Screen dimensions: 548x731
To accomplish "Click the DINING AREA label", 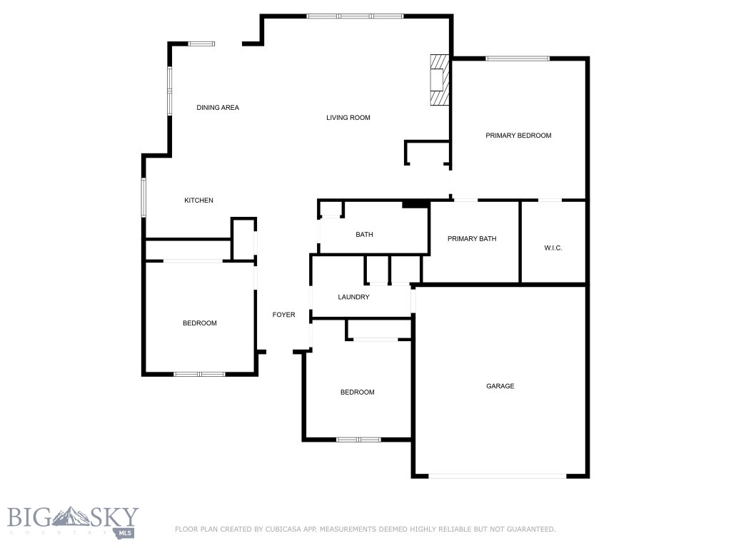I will pyautogui.click(x=218, y=108).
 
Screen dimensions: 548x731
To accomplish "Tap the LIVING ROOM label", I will pyautogui.click(x=348, y=118).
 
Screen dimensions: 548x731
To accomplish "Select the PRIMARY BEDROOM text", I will pyautogui.click(x=518, y=136).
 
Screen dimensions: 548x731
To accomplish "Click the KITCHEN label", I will pyautogui.click(x=198, y=201).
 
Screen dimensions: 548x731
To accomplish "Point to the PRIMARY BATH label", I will pyautogui.click(x=472, y=239).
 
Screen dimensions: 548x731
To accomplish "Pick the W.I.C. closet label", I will pyautogui.click(x=553, y=248).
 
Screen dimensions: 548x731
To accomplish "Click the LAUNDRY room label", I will pyautogui.click(x=353, y=297).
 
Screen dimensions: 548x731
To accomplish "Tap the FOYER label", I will pyautogui.click(x=283, y=315).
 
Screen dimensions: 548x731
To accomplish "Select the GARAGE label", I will pyautogui.click(x=500, y=386).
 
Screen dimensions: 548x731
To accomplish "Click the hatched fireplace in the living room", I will pyautogui.click(x=439, y=80).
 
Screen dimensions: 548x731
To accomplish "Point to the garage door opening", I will pyautogui.click(x=498, y=476).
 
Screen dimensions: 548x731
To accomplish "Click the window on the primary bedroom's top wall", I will pyautogui.click(x=518, y=59).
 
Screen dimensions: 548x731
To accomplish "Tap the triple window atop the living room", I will pyautogui.click(x=355, y=16).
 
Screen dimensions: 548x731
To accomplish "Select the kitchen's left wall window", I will pyautogui.click(x=143, y=198).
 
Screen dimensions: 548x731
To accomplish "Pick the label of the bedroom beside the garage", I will pyautogui.click(x=357, y=392).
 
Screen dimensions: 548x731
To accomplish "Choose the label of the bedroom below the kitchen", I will pyautogui.click(x=199, y=323).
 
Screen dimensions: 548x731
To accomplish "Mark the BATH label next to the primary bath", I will pyautogui.click(x=364, y=235).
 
